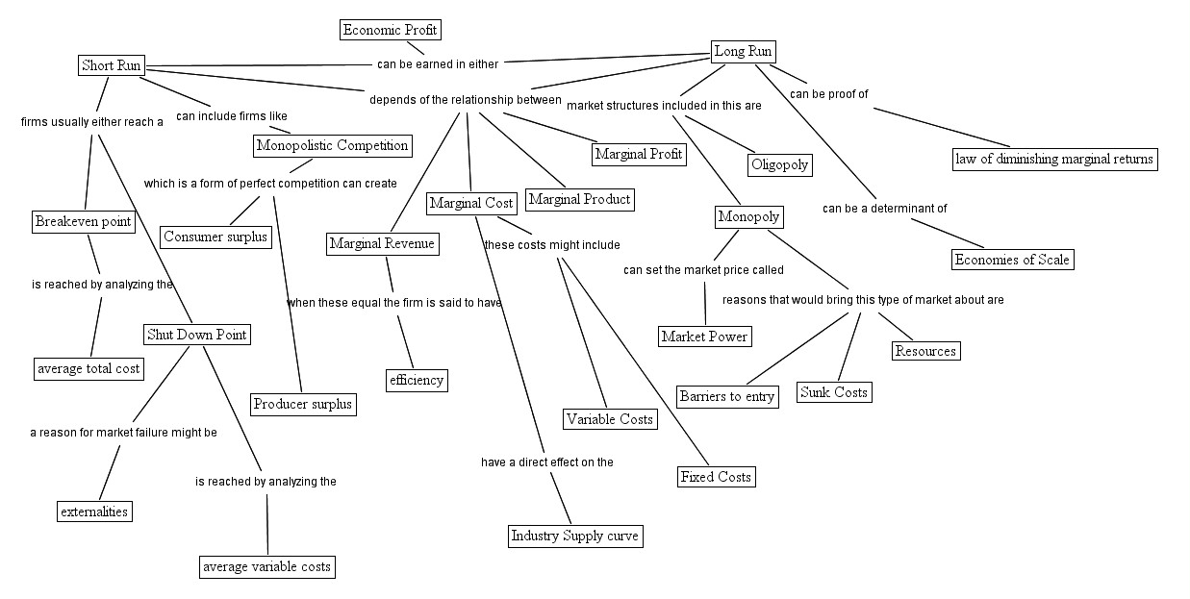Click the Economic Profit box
pos(390,30)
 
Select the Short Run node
pos(111,65)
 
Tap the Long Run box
pos(744,51)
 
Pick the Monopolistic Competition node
pos(333,145)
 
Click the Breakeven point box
pos(83,222)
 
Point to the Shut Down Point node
pos(196,335)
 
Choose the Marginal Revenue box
pos(382,244)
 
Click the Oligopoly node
pos(779,164)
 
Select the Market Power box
pos(704,336)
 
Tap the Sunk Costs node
pos(834,392)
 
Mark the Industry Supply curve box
pos(574,536)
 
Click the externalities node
pos(93,512)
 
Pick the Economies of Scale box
pos(1011,260)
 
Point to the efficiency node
pos(417,380)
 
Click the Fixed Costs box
pos(715,477)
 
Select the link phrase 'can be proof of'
pos(829,94)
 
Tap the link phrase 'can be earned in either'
pos(438,64)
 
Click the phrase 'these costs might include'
pos(551,245)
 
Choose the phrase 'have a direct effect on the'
pos(546,462)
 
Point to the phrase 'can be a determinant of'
pos(884,209)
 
